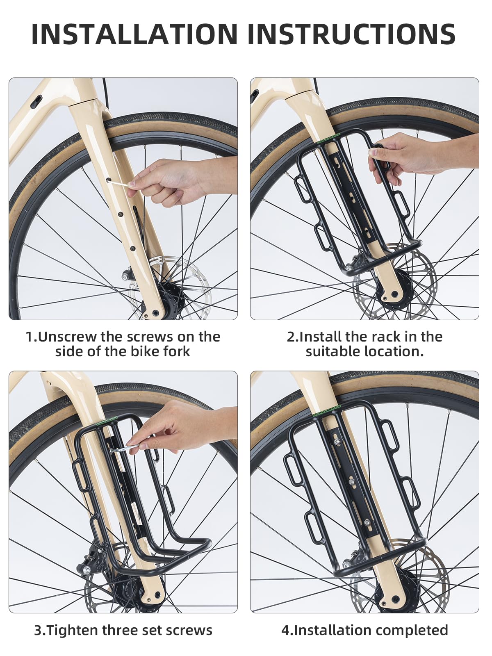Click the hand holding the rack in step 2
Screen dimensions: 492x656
coord(418,155)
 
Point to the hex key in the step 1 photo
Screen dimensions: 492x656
coord(118,183)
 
